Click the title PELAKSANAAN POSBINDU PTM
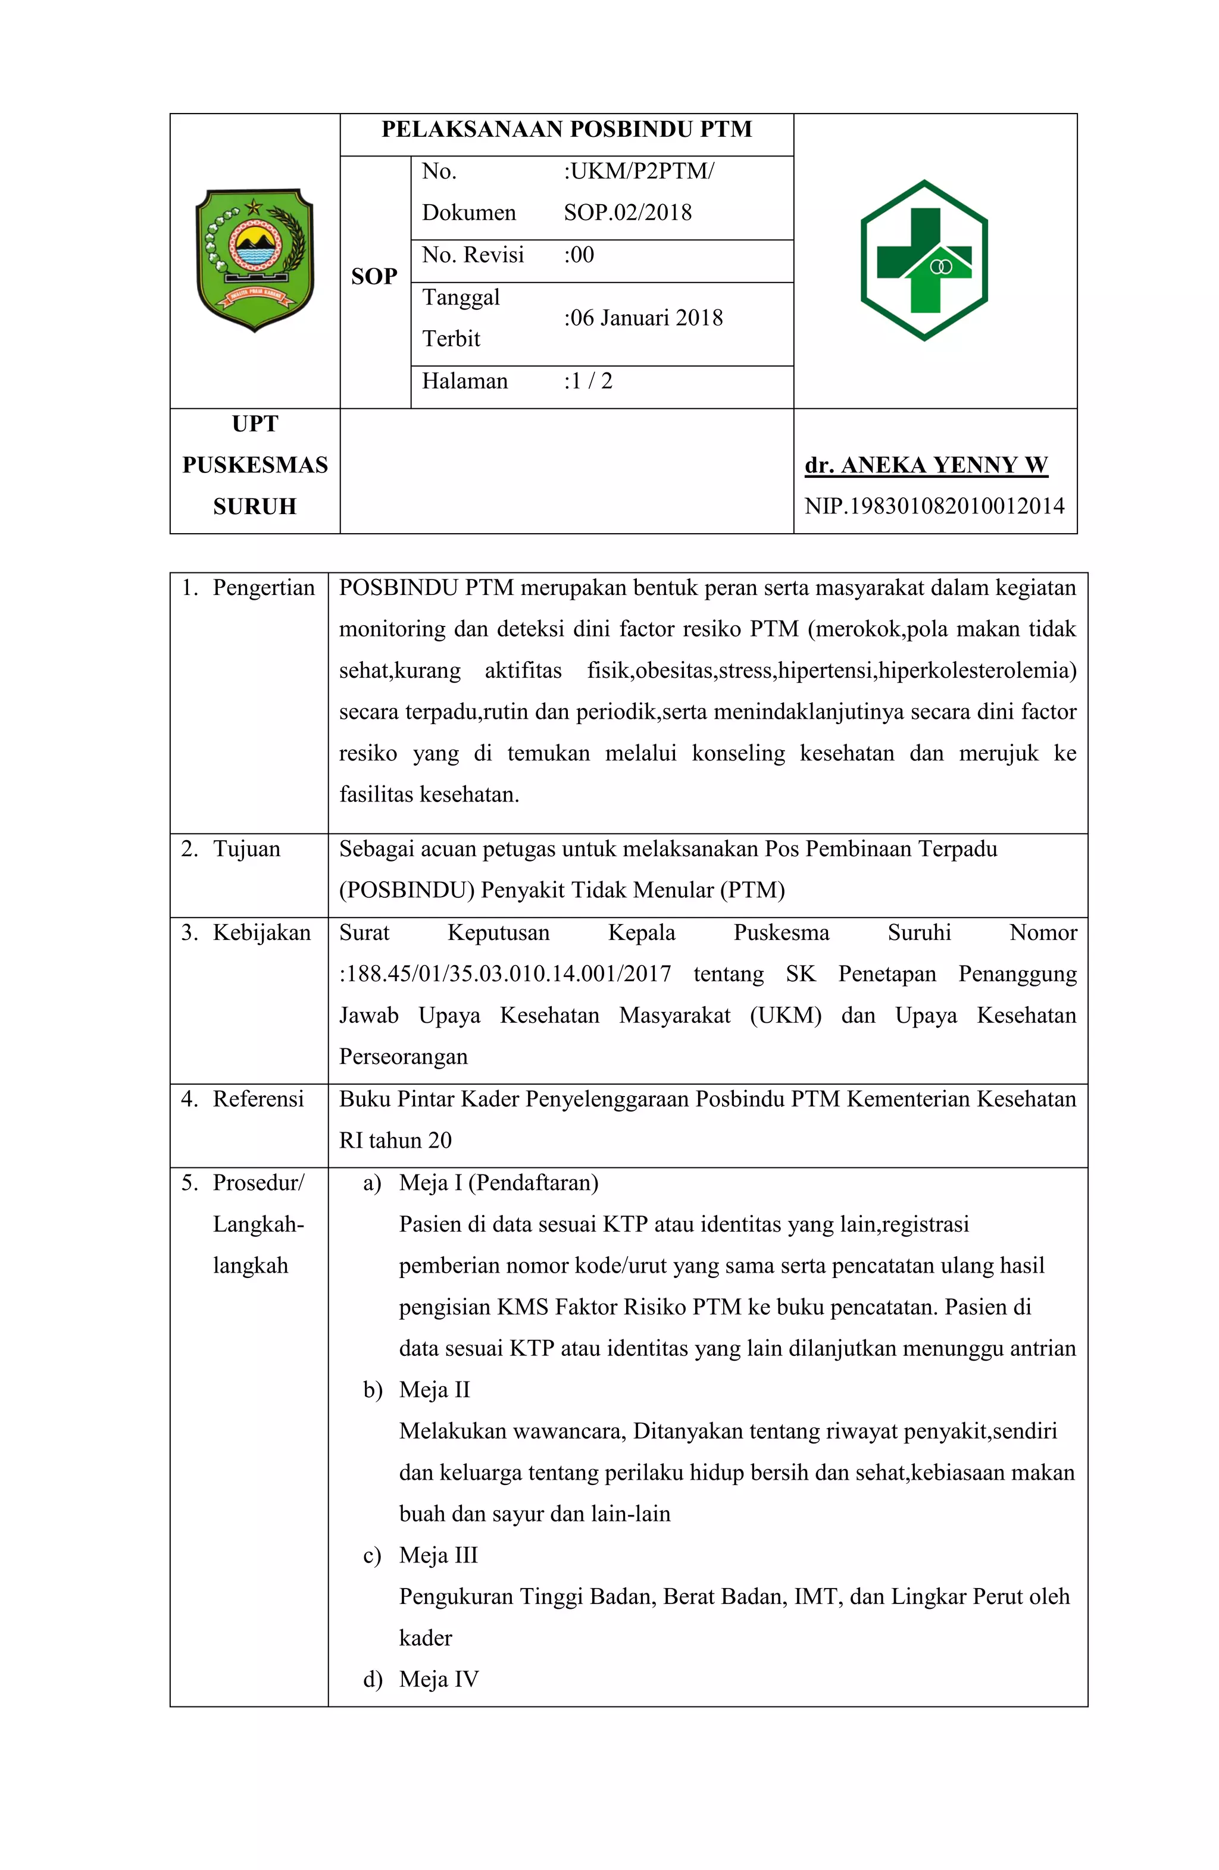(566, 130)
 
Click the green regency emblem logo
(254, 260)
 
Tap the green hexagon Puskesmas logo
(924, 260)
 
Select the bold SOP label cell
(374, 277)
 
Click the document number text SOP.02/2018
(627, 213)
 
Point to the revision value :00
(579, 255)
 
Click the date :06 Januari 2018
(642, 318)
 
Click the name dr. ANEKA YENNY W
(925, 465)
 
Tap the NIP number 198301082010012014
(934, 506)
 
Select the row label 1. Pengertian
(248, 588)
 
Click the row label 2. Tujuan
(230, 850)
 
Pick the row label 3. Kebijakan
(246, 933)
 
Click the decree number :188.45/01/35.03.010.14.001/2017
(505, 975)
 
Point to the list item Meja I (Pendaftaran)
(498, 1183)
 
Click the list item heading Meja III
(437, 1556)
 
